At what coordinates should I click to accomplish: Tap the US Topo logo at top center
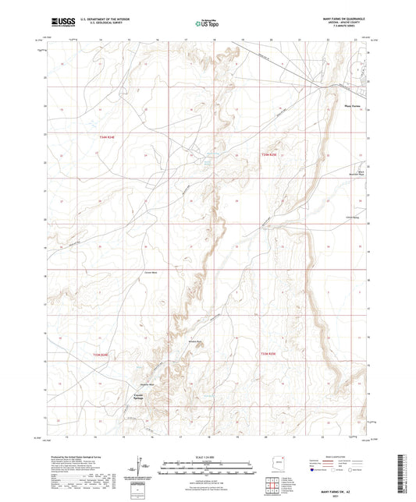point(207,24)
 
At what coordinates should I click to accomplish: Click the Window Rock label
point(195,341)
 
